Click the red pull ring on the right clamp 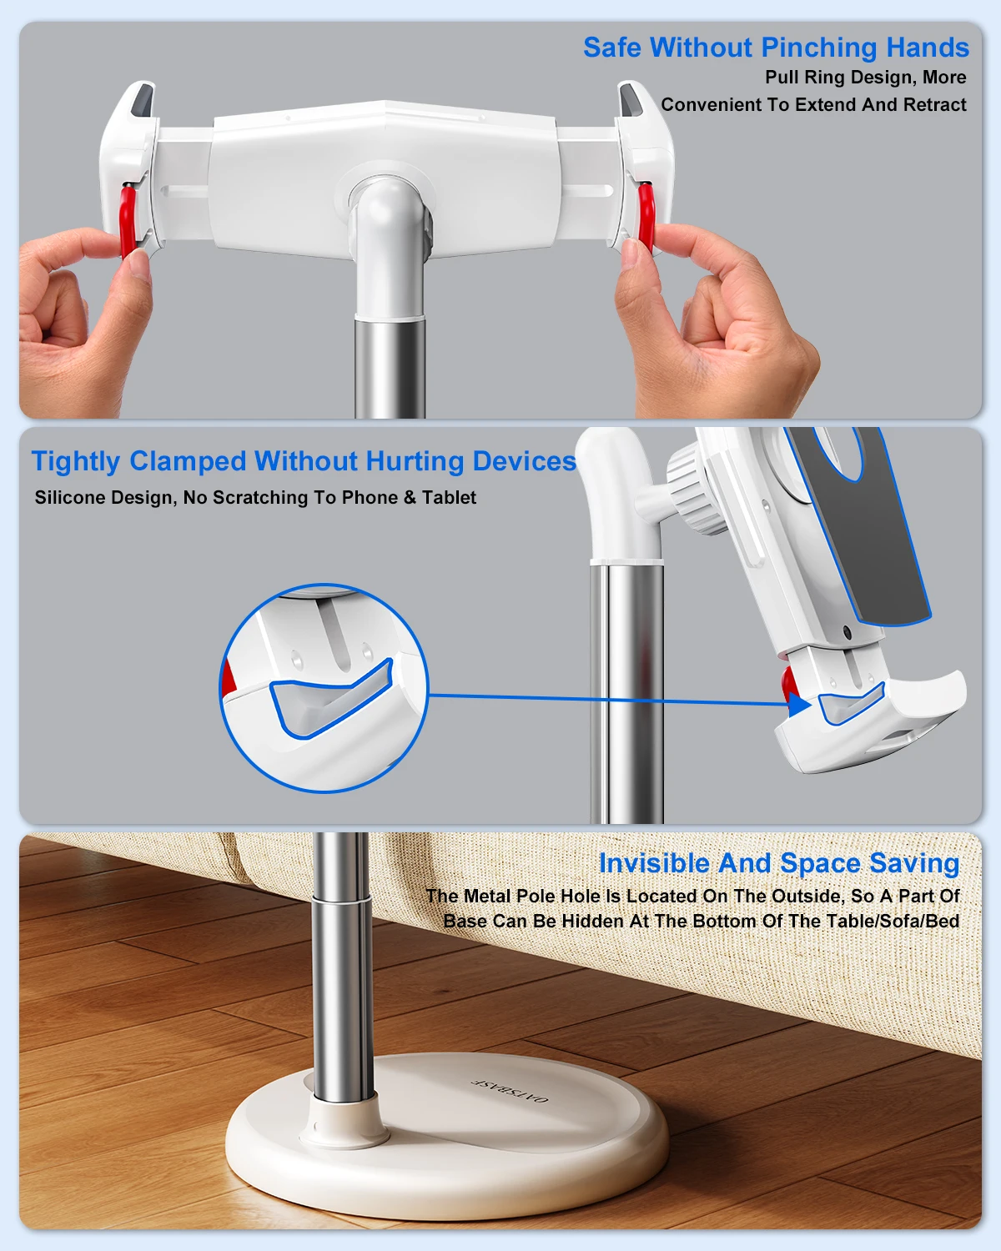pos(646,216)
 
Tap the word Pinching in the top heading pos(814,48)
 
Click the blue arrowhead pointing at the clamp pos(799,704)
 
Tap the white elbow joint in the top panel pos(385,217)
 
